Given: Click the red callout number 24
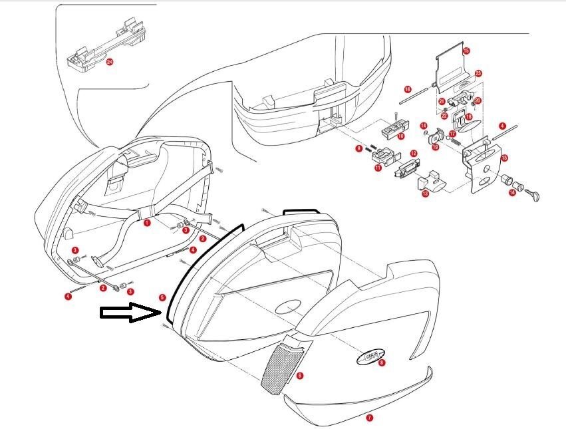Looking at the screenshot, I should tap(110, 62).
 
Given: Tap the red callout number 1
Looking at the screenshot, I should tap(147, 223).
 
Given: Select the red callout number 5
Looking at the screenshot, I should tap(162, 297).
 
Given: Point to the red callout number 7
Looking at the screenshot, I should tap(370, 418).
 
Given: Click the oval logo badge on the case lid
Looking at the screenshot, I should tap(369, 358).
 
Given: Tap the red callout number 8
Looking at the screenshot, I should tap(381, 362).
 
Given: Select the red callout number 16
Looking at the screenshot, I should tap(407, 88).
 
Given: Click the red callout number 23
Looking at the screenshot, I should tap(478, 73).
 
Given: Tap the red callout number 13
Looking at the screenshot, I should tap(425, 194).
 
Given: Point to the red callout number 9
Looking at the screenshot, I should tap(358, 148).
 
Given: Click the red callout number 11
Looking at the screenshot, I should tap(378, 169).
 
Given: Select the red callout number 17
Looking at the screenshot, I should tap(452, 134).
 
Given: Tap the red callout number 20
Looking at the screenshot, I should tap(478, 100).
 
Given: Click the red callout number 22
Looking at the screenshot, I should tap(444, 116).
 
